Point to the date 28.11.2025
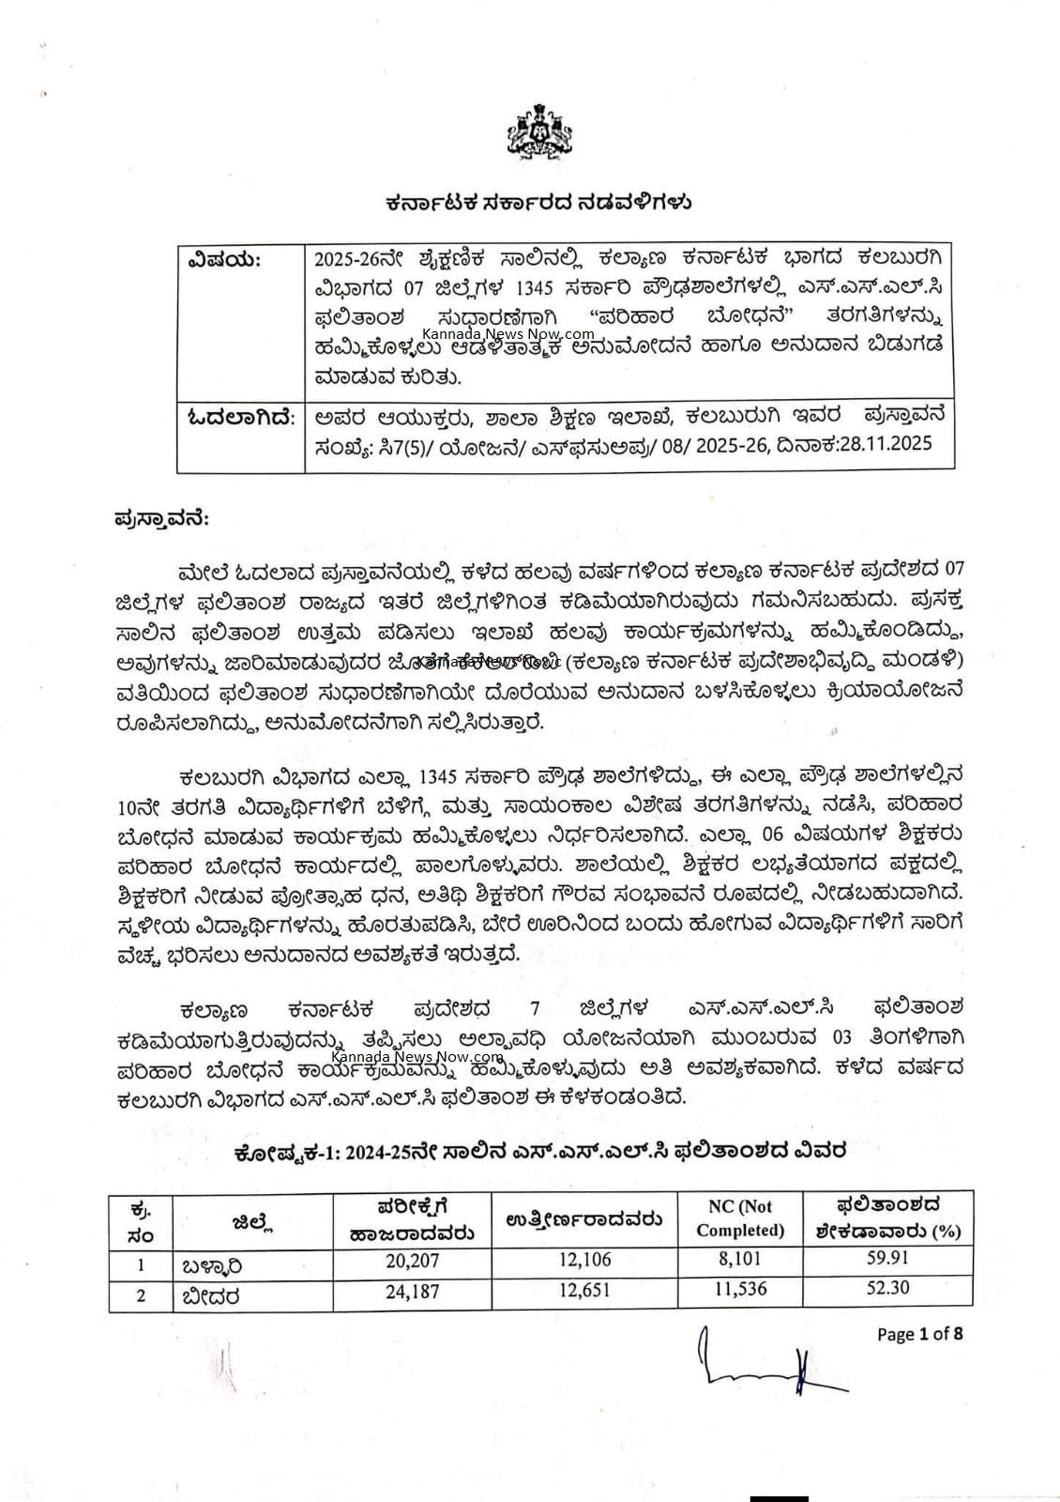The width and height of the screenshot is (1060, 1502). pyautogui.click(x=883, y=444)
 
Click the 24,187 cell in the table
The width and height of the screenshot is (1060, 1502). pyautogui.click(x=412, y=1290)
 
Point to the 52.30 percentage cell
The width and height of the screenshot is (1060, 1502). pyautogui.click(x=887, y=1289)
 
